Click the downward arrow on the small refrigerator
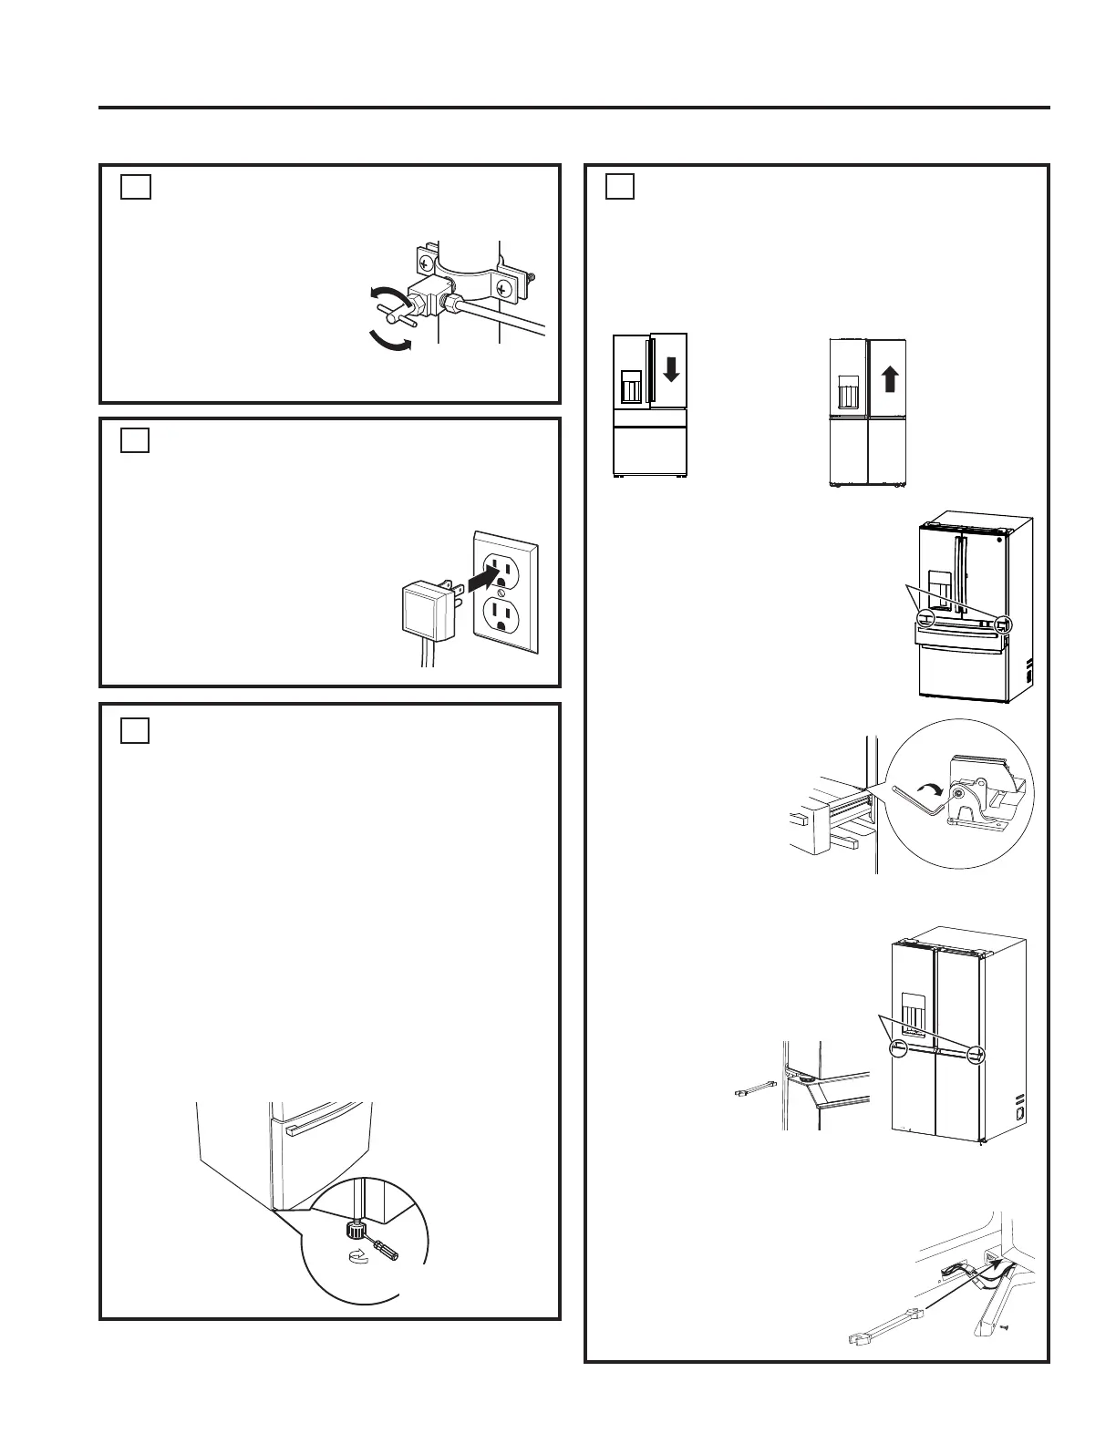click(x=670, y=368)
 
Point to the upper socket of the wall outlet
click(x=502, y=569)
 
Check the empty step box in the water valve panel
click(x=135, y=186)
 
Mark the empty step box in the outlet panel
click(x=135, y=440)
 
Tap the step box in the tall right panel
click(x=620, y=186)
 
